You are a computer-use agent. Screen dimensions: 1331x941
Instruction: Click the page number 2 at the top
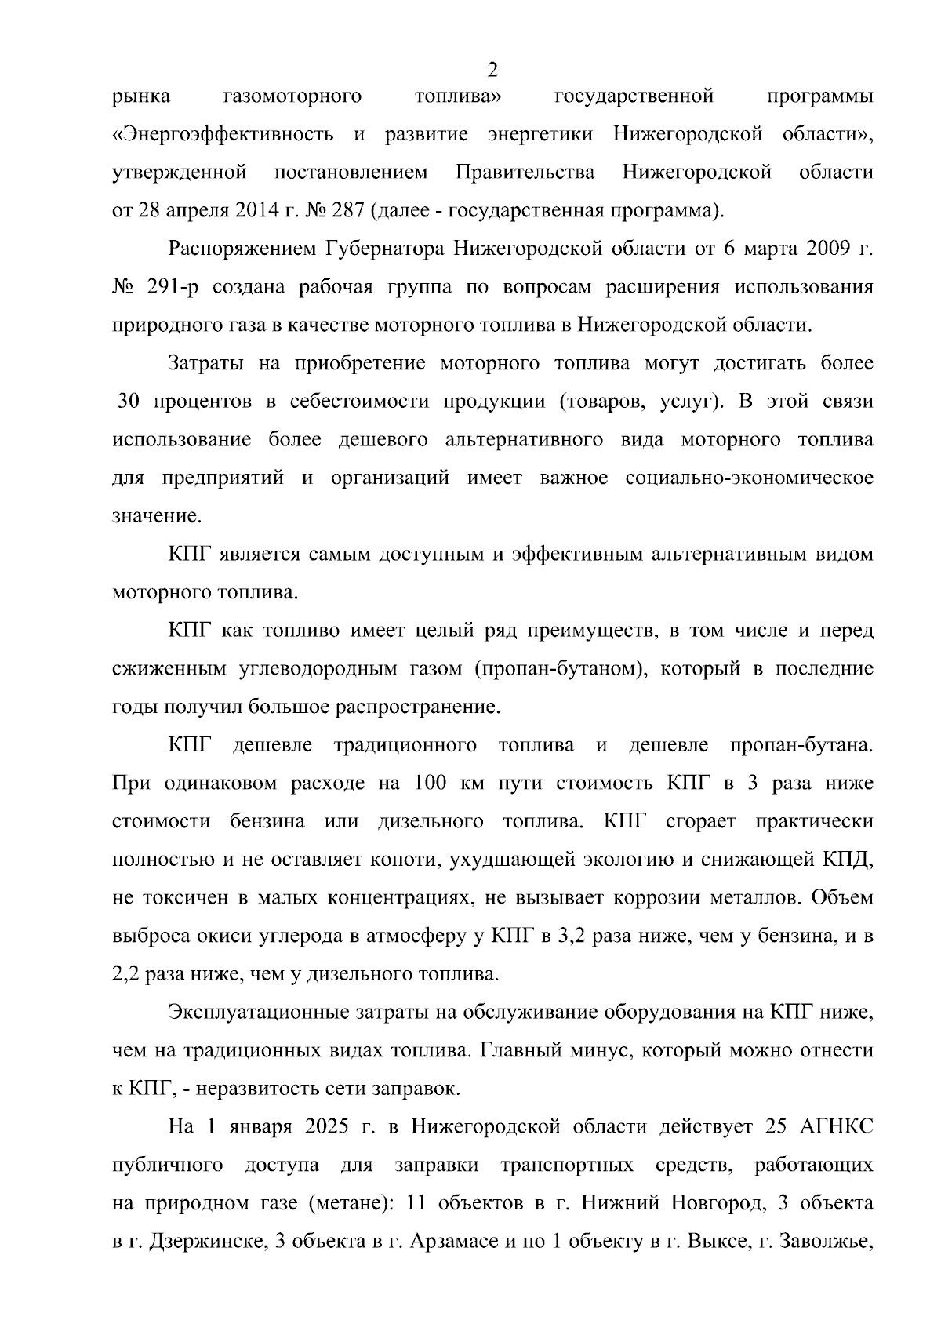492,71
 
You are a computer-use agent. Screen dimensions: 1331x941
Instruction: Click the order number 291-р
173,288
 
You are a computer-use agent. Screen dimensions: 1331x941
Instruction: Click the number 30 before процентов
129,402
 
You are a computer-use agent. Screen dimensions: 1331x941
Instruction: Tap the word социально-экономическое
750,478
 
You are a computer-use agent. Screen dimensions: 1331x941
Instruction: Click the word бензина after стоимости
267,822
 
